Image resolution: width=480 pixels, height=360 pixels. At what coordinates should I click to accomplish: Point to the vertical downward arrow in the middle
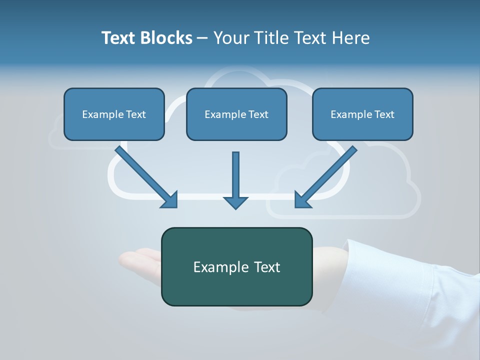click(235, 180)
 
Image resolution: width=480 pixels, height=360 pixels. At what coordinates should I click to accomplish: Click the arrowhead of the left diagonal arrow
click(170, 200)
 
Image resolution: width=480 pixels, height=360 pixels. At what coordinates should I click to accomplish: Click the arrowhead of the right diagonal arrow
click(302, 200)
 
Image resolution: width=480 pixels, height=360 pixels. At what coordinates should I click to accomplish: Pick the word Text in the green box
click(267, 267)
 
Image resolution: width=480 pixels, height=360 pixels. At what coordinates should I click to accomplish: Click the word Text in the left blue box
click(136, 114)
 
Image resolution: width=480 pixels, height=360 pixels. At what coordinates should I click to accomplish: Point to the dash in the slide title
click(202, 38)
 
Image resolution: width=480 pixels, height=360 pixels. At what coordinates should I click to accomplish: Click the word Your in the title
click(230, 38)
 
